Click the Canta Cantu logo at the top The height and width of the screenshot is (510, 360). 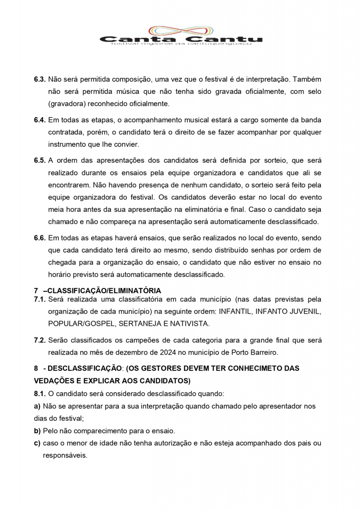[181, 36]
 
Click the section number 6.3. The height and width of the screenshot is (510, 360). [40, 79]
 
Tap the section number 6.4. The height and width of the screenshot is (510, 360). [40, 120]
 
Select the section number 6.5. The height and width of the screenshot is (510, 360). [40, 160]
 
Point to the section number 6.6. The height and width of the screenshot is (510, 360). [40, 238]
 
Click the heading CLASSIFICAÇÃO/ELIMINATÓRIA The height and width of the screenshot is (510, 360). [104, 290]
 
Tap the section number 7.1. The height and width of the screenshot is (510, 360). [40, 299]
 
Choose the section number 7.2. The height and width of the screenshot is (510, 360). [40, 340]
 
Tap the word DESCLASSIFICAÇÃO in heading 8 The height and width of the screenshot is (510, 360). [82, 368]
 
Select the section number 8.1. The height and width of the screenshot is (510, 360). [40, 393]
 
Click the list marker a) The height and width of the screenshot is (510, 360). [37, 406]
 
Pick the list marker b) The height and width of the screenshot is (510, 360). [37, 431]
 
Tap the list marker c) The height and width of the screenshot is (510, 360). [37, 443]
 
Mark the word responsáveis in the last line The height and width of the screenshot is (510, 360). [65, 456]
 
